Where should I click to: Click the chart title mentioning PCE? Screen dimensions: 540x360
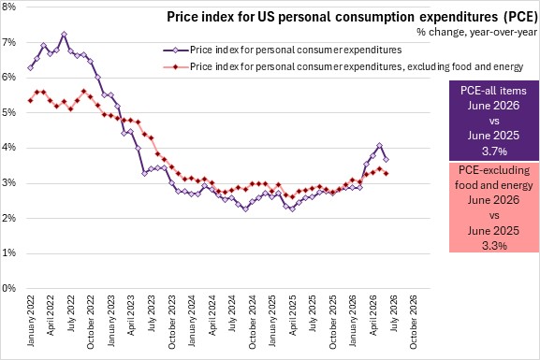(x=352, y=17)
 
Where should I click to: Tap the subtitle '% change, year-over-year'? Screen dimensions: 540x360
(x=476, y=32)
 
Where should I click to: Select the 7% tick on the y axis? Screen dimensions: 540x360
(x=9, y=42)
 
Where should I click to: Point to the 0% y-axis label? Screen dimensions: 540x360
(x=9, y=288)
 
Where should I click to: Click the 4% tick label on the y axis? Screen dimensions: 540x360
(x=9, y=148)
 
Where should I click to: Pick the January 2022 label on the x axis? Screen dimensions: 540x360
(x=31, y=321)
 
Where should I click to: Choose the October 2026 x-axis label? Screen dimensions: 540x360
(x=414, y=322)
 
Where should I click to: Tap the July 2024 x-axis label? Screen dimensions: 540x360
(x=232, y=313)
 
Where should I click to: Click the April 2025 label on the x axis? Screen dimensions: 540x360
(x=293, y=315)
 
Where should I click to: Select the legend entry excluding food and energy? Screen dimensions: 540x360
(x=357, y=66)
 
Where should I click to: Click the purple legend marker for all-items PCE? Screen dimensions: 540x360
(x=175, y=50)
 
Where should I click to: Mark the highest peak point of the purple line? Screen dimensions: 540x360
(x=64, y=34)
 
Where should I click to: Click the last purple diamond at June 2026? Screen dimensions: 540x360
(x=387, y=159)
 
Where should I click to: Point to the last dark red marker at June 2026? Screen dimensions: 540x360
(x=387, y=174)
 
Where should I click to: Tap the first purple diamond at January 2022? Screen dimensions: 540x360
(x=30, y=68)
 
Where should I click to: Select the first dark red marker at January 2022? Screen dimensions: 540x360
(x=30, y=101)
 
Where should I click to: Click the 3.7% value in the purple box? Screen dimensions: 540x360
(x=494, y=151)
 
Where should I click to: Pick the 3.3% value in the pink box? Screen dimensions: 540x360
(x=494, y=246)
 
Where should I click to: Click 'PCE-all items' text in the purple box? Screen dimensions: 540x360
(x=493, y=91)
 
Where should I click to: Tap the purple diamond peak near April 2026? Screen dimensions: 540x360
(x=379, y=146)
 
